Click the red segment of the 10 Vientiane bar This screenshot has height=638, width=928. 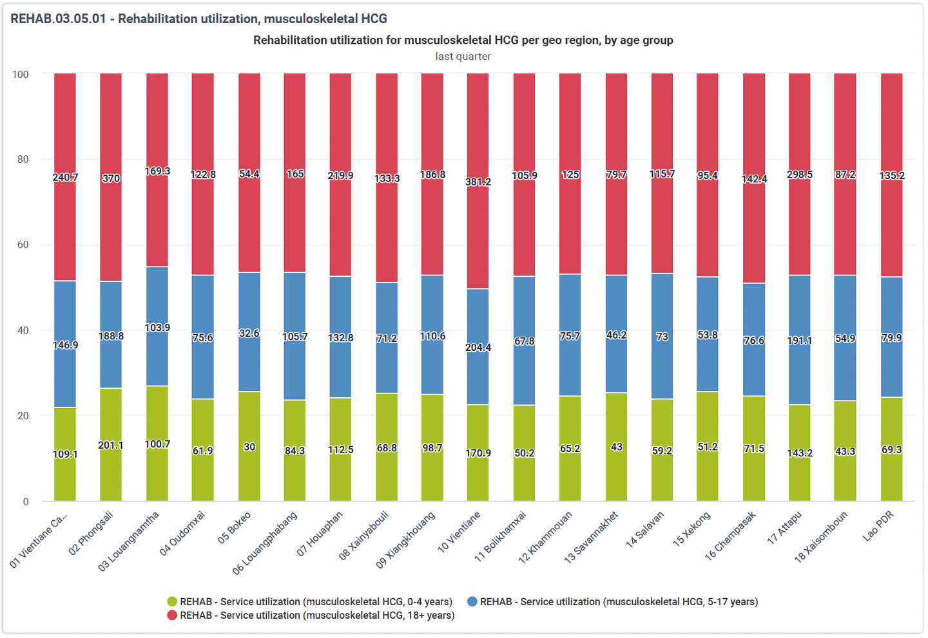click(478, 181)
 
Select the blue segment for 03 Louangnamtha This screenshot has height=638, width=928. click(157, 326)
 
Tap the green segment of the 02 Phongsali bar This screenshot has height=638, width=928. click(111, 444)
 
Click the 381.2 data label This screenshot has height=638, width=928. click(478, 182)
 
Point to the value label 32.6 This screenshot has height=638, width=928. click(249, 333)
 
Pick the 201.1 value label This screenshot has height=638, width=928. click(111, 446)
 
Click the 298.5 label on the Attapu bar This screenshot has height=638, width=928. click(800, 174)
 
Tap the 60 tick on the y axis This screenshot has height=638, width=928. click(23, 245)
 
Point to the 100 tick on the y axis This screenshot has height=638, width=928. click(21, 75)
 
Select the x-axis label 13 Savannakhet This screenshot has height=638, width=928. click(591, 538)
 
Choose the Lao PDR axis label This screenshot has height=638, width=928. click(878, 526)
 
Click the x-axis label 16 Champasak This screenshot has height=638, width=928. click(730, 536)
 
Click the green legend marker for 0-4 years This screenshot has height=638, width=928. click(172, 601)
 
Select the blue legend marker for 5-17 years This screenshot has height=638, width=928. click(472, 601)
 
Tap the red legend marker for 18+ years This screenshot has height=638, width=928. click(172, 615)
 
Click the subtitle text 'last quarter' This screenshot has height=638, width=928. click(463, 56)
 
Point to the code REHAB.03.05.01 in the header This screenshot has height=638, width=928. click(58, 19)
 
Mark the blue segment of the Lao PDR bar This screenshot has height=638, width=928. click(891, 337)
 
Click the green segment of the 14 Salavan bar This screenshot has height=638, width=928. click(662, 450)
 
